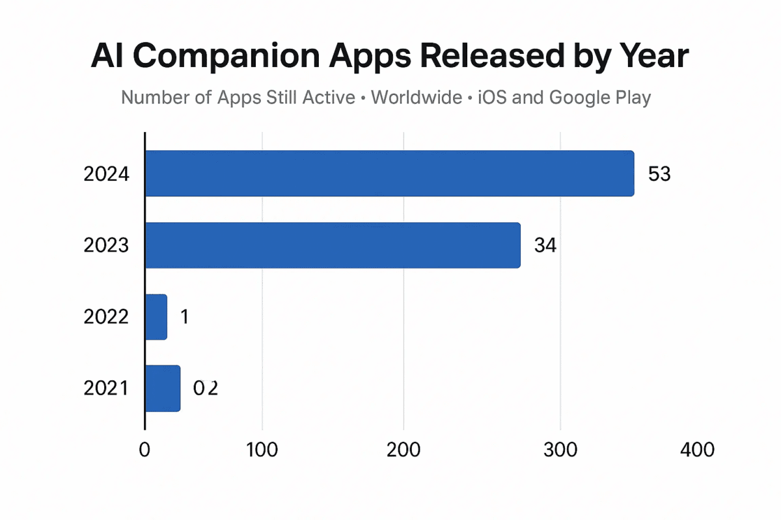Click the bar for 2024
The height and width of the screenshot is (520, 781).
(x=389, y=174)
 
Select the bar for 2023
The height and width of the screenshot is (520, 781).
(x=333, y=245)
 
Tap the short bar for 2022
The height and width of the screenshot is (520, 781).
(x=156, y=317)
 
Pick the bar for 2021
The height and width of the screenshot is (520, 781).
(x=163, y=388)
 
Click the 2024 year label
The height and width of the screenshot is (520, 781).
(x=106, y=174)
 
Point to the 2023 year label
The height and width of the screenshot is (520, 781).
(x=106, y=246)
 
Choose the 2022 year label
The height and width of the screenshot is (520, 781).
(x=106, y=317)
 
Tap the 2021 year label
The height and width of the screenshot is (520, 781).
(x=106, y=389)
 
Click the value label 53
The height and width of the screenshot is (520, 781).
(x=659, y=174)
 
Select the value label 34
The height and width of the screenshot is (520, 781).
(x=545, y=246)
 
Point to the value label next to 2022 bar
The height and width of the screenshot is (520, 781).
(x=184, y=317)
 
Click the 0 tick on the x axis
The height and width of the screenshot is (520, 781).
(x=144, y=450)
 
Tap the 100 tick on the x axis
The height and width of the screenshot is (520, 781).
(x=262, y=450)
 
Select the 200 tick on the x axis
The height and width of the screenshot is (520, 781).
(x=404, y=450)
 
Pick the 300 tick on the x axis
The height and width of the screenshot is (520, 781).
(x=560, y=450)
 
